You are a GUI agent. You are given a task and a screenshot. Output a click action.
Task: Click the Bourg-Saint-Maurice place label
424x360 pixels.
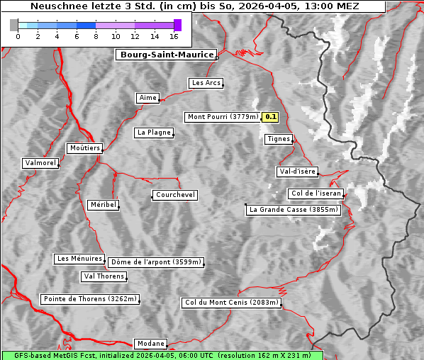click(165, 55)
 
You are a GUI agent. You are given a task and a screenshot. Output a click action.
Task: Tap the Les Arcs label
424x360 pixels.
click(206, 83)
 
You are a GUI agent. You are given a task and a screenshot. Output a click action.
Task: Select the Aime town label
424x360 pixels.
click(147, 98)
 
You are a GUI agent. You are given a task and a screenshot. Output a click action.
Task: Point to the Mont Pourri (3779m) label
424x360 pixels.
click(222, 117)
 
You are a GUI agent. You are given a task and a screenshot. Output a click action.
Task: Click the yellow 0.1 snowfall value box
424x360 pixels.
click(271, 117)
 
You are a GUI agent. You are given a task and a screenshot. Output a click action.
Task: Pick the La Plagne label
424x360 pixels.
click(154, 133)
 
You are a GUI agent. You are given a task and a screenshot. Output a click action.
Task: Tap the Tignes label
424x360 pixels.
click(278, 139)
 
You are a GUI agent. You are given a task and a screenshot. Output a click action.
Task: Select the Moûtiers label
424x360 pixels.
click(84, 148)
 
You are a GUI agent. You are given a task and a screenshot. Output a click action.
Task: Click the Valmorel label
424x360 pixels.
click(40, 163)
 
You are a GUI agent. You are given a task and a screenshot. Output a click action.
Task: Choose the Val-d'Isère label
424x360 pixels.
click(296, 171)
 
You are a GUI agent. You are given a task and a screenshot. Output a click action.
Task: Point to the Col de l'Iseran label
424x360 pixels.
click(316, 193)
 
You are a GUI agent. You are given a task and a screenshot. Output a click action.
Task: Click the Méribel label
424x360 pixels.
click(103, 205)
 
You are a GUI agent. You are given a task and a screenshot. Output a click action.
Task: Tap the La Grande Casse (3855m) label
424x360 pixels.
click(294, 210)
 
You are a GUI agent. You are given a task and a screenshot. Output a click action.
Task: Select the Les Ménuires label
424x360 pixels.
click(79, 259)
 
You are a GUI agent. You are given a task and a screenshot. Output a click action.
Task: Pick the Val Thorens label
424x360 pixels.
click(104, 276)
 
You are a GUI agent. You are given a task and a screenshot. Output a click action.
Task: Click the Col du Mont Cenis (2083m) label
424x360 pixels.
click(231, 303)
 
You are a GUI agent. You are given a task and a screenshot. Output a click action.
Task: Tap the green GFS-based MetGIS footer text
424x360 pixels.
click(162, 355)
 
